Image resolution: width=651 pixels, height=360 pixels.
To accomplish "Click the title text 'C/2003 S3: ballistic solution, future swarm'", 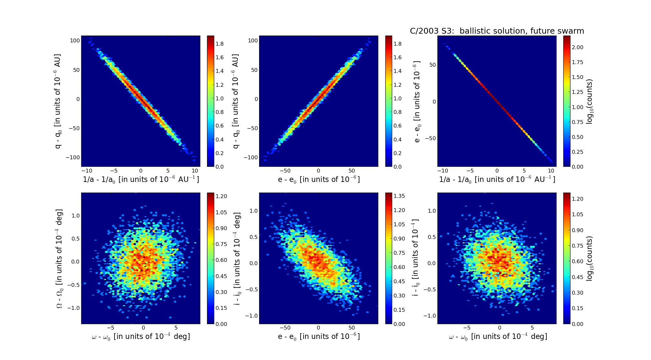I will click(x=497, y=31).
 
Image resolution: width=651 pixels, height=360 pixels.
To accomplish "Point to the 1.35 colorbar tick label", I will click(x=399, y=196).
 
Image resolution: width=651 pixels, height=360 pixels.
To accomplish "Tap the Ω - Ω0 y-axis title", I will click(x=59, y=258).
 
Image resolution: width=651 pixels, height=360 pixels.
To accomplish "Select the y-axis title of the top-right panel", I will click(x=417, y=101).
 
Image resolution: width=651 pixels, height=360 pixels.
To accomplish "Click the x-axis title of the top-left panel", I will click(x=141, y=179).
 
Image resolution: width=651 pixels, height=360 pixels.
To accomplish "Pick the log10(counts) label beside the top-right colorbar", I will click(x=589, y=101).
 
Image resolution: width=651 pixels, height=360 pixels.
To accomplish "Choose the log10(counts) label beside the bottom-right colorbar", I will click(x=589, y=258).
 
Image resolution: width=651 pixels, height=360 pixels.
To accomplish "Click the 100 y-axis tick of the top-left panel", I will click(x=75, y=40).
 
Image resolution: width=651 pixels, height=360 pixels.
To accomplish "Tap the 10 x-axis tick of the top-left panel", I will click(x=195, y=171).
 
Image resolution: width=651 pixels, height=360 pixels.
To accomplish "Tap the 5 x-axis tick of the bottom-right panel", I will click(x=532, y=328).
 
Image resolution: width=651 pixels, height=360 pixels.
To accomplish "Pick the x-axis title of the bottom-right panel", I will click(x=498, y=337).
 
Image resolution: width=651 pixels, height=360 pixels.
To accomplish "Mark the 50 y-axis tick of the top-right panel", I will click(x=432, y=65).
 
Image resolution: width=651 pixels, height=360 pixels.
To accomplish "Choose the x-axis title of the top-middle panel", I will click(x=319, y=179).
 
